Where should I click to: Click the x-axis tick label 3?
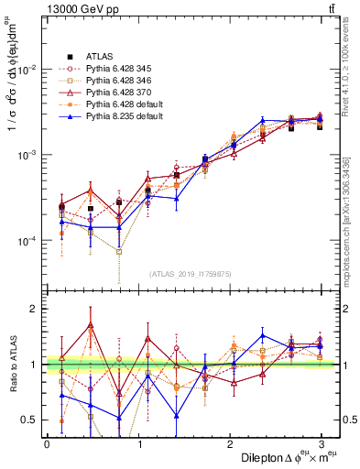click(321, 443)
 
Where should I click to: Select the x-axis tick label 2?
click(230, 443)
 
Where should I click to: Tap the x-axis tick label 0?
click(47, 443)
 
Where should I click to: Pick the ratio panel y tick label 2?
click(35, 309)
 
